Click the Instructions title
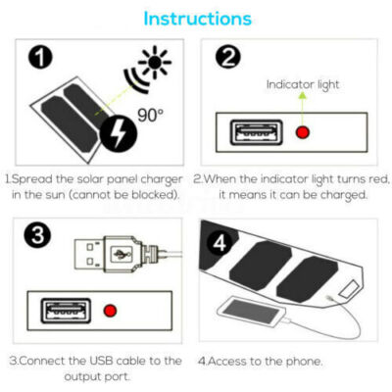196,19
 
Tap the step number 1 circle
39,58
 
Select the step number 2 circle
227,58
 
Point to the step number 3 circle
38,236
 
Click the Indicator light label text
303,84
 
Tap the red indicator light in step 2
304,131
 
